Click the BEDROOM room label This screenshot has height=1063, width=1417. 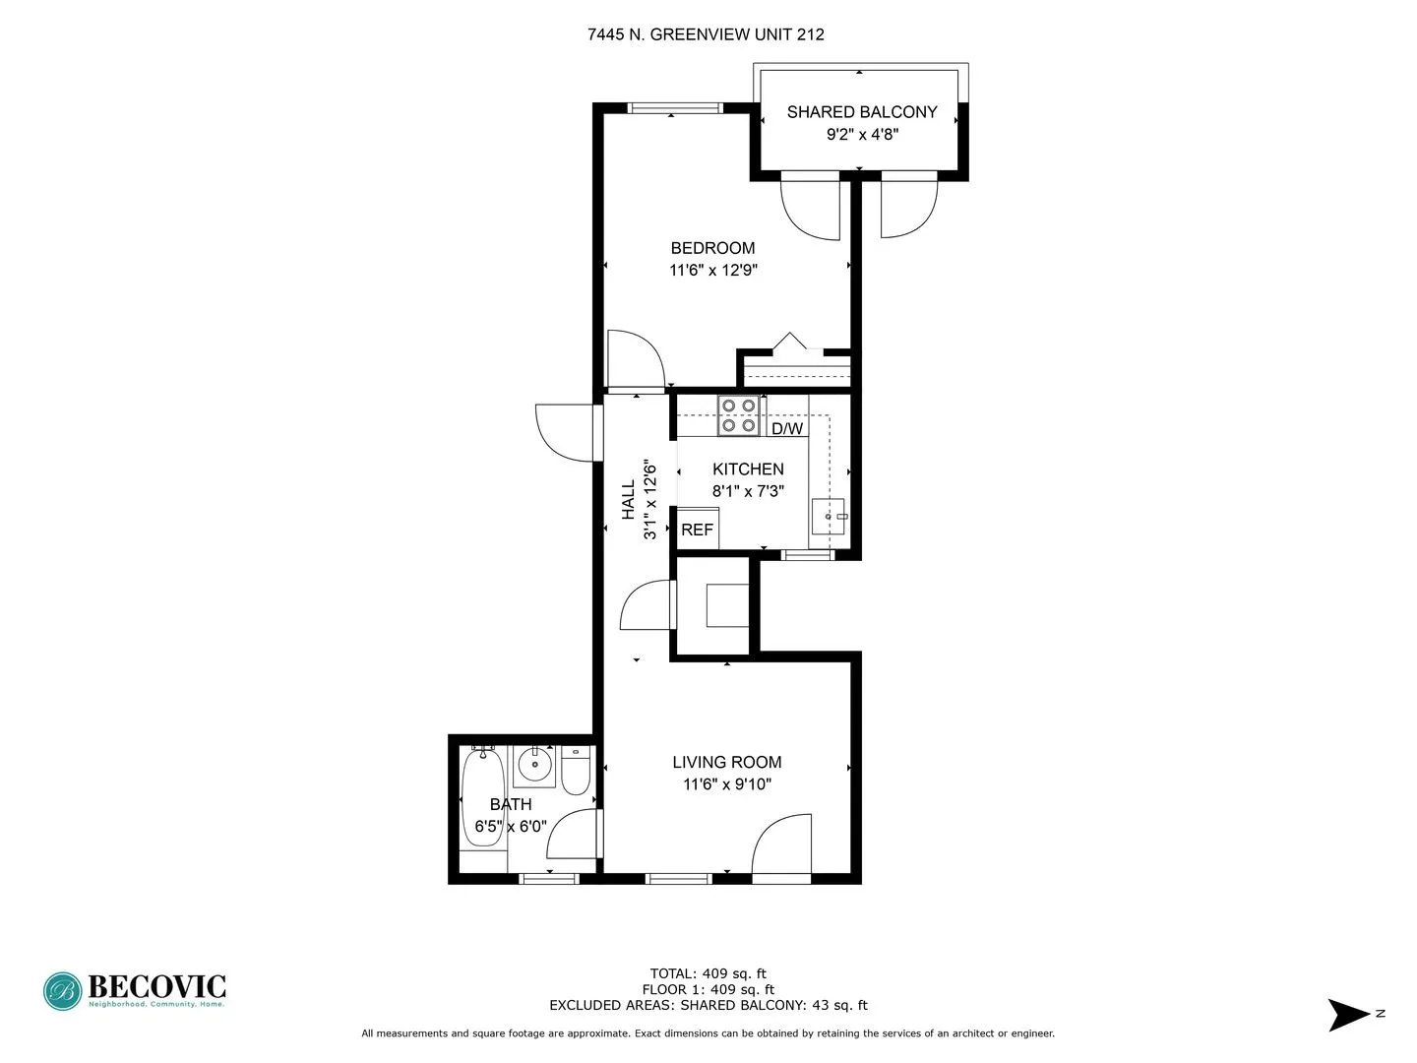[712, 248]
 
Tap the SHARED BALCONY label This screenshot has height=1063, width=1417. [862, 112]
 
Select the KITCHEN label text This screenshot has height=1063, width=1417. [748, 469]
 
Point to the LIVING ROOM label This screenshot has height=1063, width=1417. [727, 762]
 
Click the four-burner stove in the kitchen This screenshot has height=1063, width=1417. [739, 415]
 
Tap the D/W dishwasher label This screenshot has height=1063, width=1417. [787, 429]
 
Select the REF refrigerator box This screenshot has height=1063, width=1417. [698, 529]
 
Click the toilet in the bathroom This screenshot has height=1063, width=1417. [576, 773]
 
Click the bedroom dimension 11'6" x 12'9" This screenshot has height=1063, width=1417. [713, 270]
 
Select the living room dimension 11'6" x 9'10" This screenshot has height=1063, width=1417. [727, 784]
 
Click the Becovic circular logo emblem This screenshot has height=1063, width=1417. [62, 991]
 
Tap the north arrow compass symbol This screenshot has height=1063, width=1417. [1349, 1014]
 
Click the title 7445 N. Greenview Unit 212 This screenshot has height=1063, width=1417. [706, 34]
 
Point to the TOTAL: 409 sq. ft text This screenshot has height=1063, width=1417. [708, 973]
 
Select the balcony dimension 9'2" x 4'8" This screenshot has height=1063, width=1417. [862, 134]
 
